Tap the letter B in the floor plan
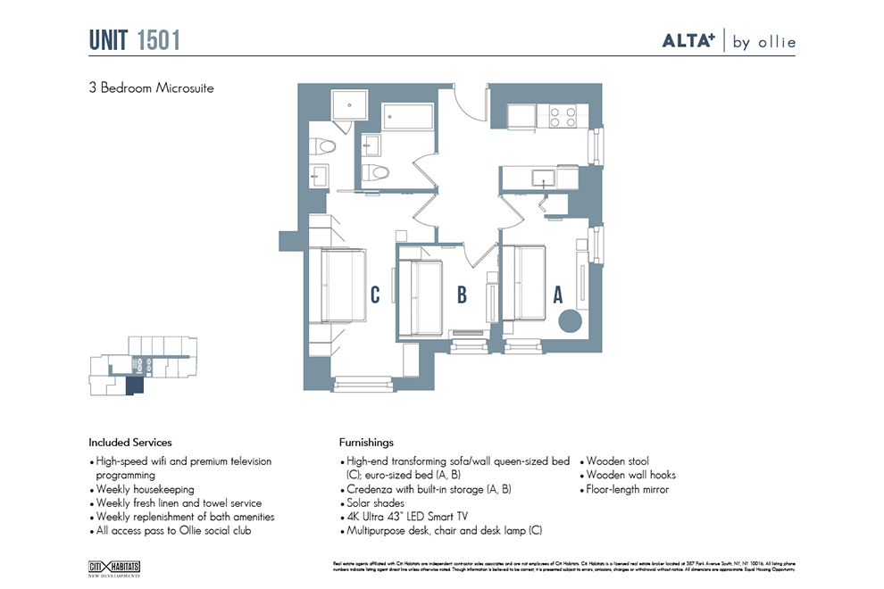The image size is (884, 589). [462, 294]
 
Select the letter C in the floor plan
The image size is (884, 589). [376, 294]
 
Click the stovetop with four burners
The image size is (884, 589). [562, 117]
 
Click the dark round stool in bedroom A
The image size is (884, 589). [569, 321]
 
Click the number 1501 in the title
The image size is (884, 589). [159, 40]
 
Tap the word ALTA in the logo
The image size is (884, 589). [691, 41]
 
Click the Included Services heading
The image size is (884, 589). [129, 442]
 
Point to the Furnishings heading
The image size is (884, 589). [366, 442]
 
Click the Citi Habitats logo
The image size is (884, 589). [114, 568]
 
